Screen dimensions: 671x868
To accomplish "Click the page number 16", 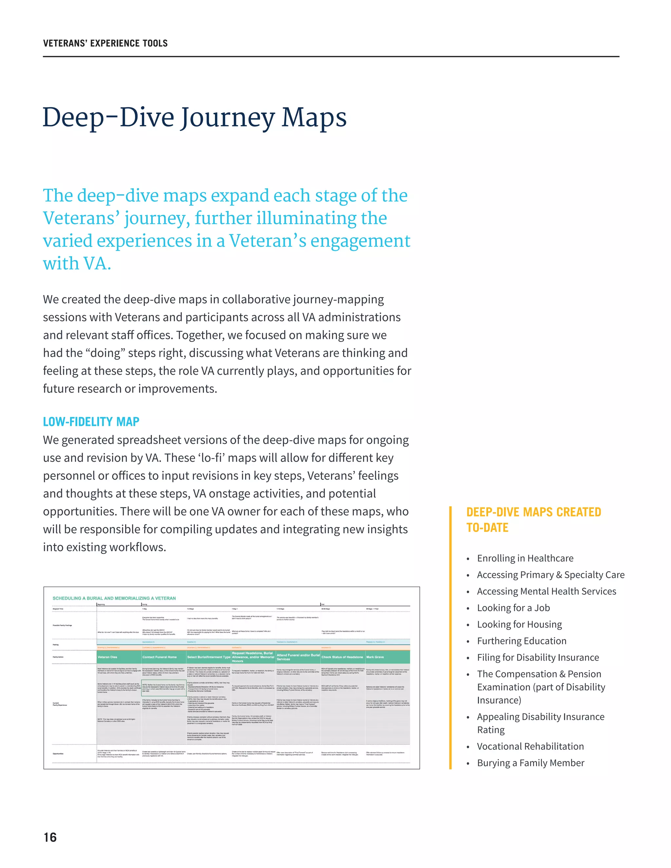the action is pyautogui.click(x=50, y=838).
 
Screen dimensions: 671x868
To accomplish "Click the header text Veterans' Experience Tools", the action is pyautogui.click(x=105, y=43).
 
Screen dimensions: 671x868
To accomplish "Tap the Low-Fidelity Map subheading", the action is pyautogui.click(x=91, y=422).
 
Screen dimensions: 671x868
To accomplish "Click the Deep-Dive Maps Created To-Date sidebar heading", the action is pyautogui.click(x=533, y=519).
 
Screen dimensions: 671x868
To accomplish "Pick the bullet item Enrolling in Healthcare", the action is pyautogui.click(x=525, y=558).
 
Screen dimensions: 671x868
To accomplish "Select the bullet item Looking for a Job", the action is pyautogui.click(x=513, y=608).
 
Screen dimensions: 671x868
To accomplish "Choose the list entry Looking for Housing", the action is pyautogui.click(x=519, y=624).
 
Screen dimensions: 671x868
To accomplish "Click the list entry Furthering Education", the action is pyautogui.click(x=522, y=641).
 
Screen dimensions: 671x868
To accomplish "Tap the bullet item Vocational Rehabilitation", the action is pyautogui.click(x=530, y=746).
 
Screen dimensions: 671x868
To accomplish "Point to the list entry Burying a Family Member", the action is pyautogui.click(x=530, y=763).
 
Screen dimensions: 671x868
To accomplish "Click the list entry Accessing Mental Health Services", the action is pyautogui.click(x=546, y=591).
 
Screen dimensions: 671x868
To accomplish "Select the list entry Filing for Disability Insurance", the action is pyautogui.click(x=538, y=657).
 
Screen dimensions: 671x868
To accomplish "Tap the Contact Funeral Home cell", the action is pyautogui.click(x=160, y=657).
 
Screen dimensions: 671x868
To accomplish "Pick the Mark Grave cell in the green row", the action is pyautogui.click(x=375, y=657).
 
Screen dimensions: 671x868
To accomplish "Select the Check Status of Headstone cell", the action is pyautogui.click(x=342, y=657).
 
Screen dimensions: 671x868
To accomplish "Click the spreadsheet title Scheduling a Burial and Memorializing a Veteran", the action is pyautogui.click(x=114, y=598).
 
